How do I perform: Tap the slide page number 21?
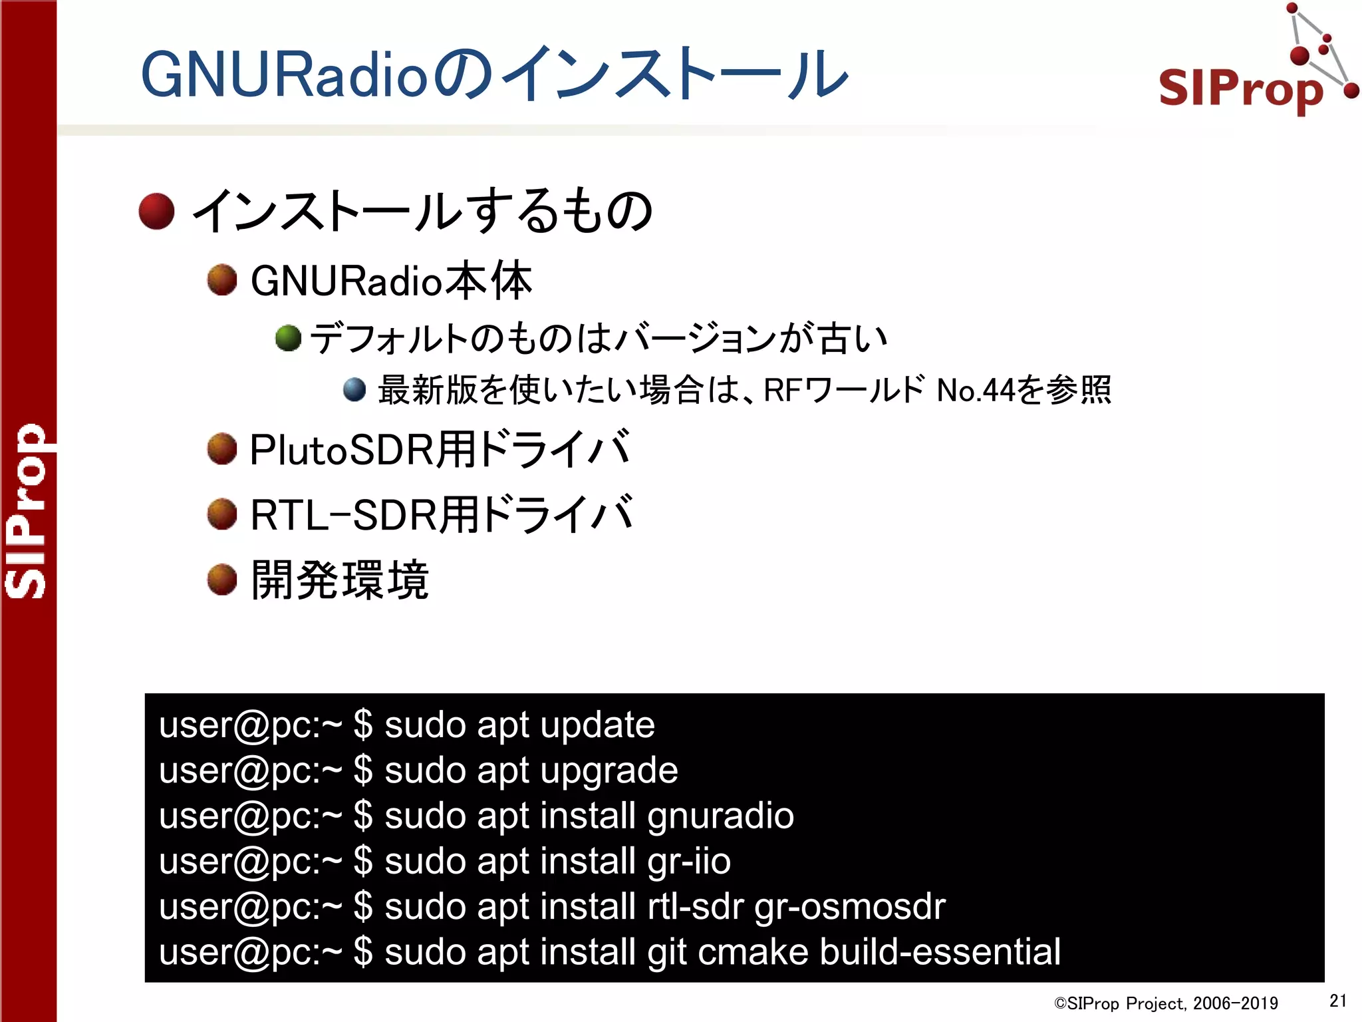coord(1337,1000)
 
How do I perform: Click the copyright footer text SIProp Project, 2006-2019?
coord(1166,1003)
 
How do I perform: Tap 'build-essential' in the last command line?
coord(940,952)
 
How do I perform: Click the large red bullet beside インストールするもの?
coord(157,212)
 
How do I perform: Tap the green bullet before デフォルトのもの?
coord(288,338)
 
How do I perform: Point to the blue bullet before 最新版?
coord(354,390)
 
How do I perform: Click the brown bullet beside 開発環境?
coord(222,580)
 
